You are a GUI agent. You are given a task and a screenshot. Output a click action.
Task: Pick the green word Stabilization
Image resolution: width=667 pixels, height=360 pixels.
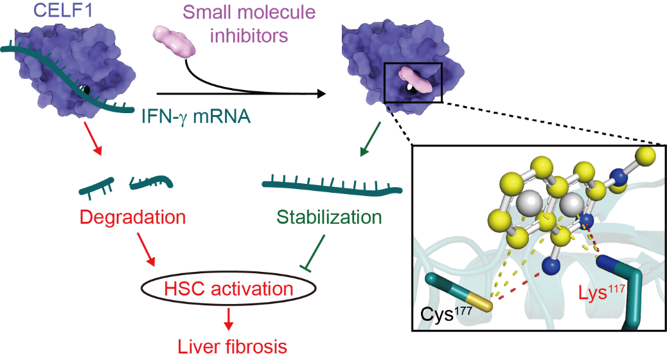[x=329, y=217]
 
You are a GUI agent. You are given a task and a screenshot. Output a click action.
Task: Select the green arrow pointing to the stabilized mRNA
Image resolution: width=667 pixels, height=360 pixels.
[x=368, y=142]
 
